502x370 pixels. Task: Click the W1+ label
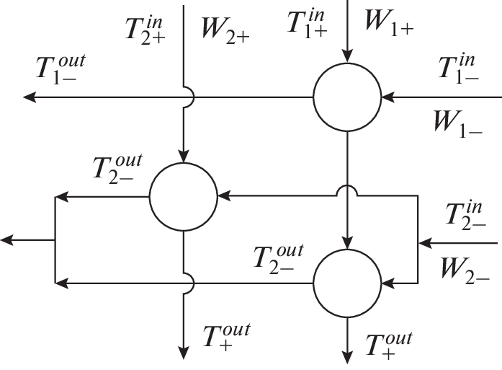click(x=388, y=22)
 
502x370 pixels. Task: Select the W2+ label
click(x=226, y=33)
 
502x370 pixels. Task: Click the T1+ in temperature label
click(x=308, y=22)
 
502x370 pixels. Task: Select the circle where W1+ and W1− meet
click(x=346, y=96)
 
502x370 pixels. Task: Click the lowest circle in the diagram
click(x=346, y=283)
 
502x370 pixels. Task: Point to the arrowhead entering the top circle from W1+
click(x=346, y=56)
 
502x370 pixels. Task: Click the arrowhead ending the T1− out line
click(x=29, y=96)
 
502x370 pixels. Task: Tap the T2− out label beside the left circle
click(x=118, y=169)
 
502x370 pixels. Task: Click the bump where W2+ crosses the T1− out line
click(x=185, y=96)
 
